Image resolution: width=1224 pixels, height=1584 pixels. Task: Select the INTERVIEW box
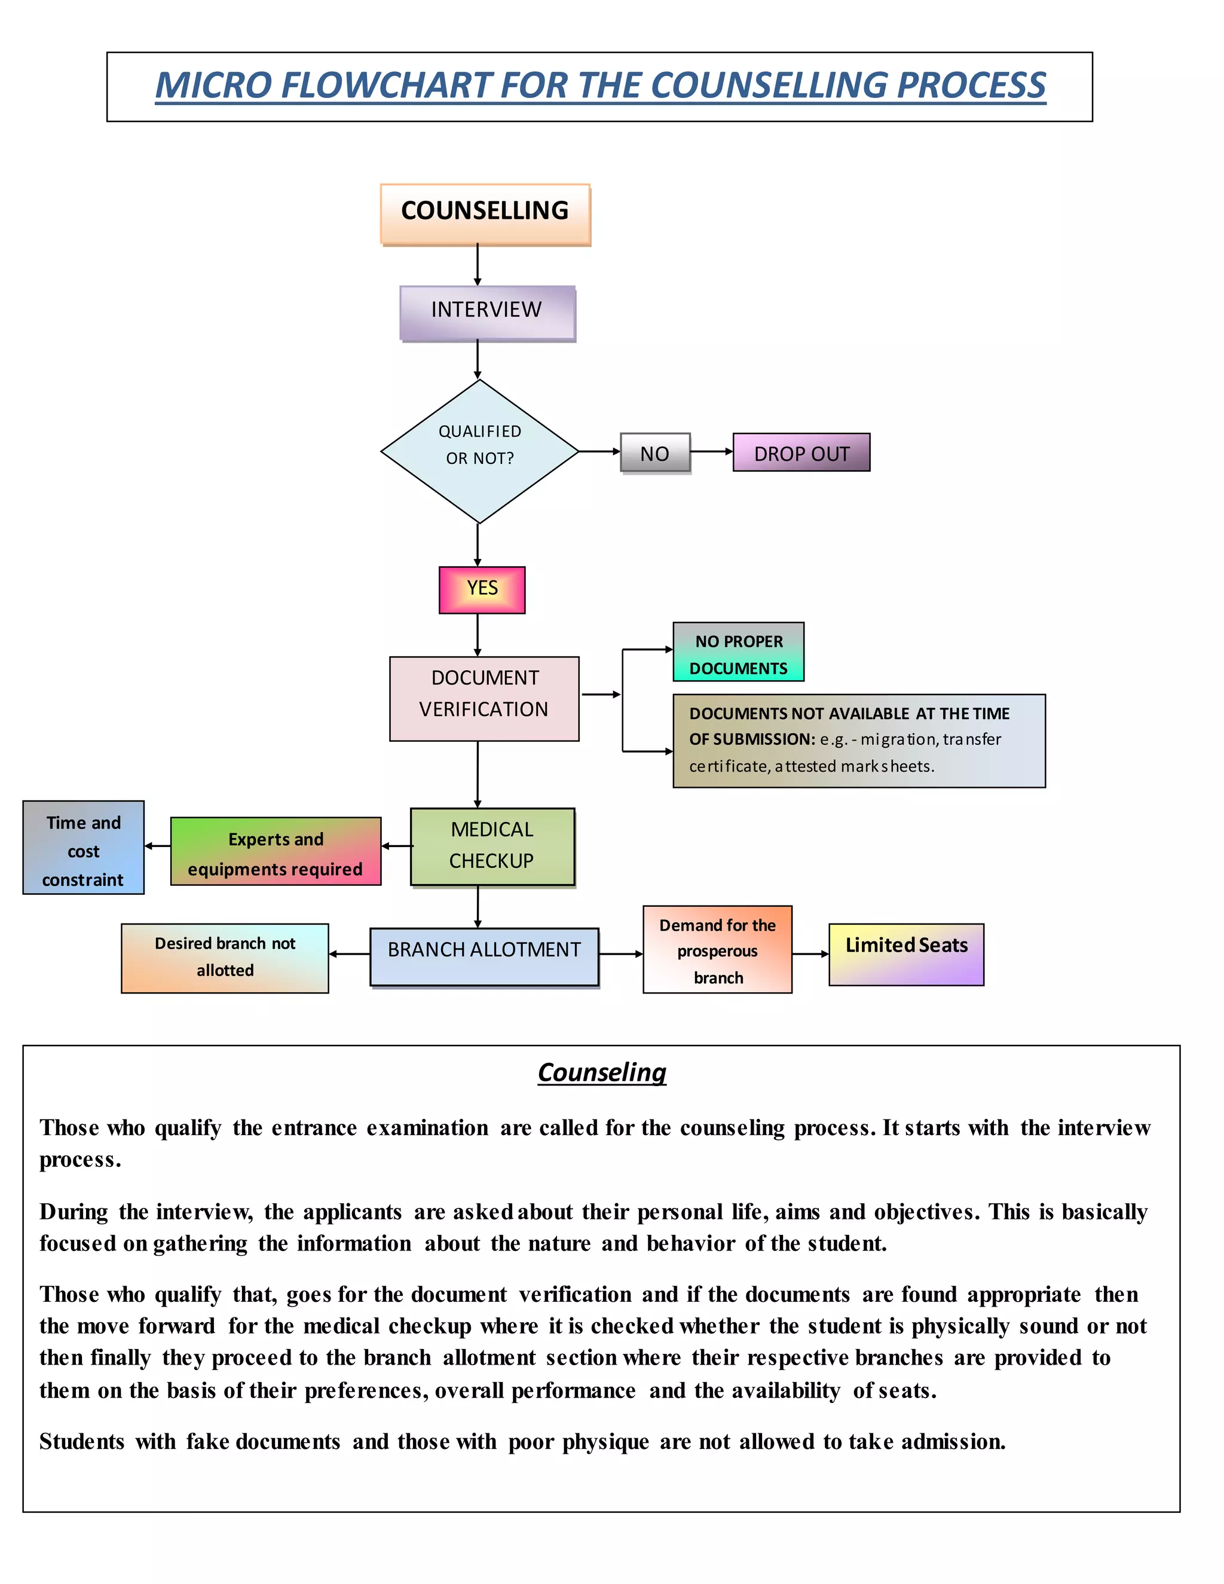[487, 312]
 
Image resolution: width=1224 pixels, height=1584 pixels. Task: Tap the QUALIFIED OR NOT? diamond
[479, 451]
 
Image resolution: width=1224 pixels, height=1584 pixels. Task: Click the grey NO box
[655, 453]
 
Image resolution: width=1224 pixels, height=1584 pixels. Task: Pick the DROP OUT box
[801, 452]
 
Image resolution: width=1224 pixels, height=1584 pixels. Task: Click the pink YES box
[482, 589]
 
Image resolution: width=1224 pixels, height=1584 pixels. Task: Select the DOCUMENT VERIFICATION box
[484, 698]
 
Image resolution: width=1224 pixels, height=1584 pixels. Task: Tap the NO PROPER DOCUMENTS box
[738, 652]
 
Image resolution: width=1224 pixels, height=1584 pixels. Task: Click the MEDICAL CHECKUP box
[492, 846]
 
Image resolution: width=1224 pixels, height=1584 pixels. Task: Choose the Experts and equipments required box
[276, 851]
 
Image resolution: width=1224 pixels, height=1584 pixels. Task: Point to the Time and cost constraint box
[84, 847]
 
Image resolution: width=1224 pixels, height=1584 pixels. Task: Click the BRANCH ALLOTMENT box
[484, 956]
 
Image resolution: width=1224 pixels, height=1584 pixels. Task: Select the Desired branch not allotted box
[225, 958]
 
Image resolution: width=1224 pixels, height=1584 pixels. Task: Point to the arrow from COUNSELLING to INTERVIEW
[477, 265]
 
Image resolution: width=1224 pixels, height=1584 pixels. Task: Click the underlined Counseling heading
[602, 1072]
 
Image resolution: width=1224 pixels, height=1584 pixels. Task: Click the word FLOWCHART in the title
[385, 85]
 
